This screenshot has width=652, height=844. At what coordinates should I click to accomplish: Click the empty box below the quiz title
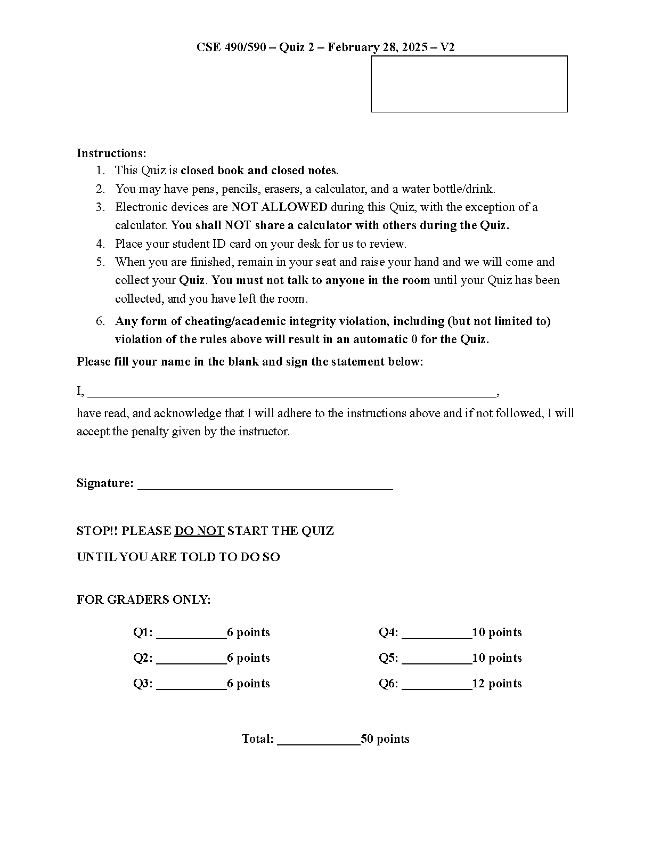pos(469,84)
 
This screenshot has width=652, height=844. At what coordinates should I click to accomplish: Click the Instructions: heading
pos(111,153)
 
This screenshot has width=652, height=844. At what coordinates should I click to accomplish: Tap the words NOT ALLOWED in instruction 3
pos(279,207)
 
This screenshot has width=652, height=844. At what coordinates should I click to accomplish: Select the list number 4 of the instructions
pos(100,244)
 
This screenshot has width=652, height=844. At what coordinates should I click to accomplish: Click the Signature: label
pos(105,483)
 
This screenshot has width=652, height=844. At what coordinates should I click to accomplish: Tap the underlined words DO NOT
pos(199,531)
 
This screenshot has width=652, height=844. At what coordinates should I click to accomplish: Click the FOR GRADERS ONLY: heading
pos(144,600)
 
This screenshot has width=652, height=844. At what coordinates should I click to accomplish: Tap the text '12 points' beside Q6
pos(497,684)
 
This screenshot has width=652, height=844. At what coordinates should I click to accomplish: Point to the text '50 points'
pos(385,739)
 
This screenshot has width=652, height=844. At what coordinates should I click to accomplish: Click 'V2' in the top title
pos(447,47)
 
